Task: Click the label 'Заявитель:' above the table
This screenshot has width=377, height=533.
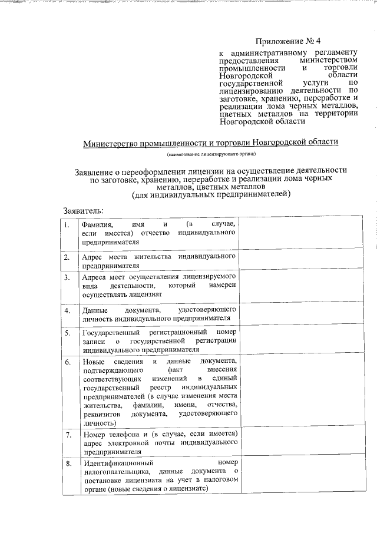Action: pyautogui.click(x=84, y=210)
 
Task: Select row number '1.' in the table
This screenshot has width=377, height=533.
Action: pyautogui.click(x=68, y=226)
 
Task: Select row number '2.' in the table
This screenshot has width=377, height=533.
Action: pyautogui.click(x=68, y=257)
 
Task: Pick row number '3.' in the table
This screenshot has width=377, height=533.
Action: pyautogui.click(x=68, y=277)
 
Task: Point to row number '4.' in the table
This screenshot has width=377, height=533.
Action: pyautogui.click(x=68, y=310)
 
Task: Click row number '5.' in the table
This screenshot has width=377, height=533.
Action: pyautogui.click(x=68, y=333)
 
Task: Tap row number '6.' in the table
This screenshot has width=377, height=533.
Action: pyautogui.click(x=68, y=361)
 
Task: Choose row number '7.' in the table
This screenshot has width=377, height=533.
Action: pyautogui.click(x=68, y=435)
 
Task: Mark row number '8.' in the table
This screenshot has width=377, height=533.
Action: pyautogui.click(x=68, y=464)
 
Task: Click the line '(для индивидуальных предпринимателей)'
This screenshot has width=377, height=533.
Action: pyautogui.click(x=211, y=194)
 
